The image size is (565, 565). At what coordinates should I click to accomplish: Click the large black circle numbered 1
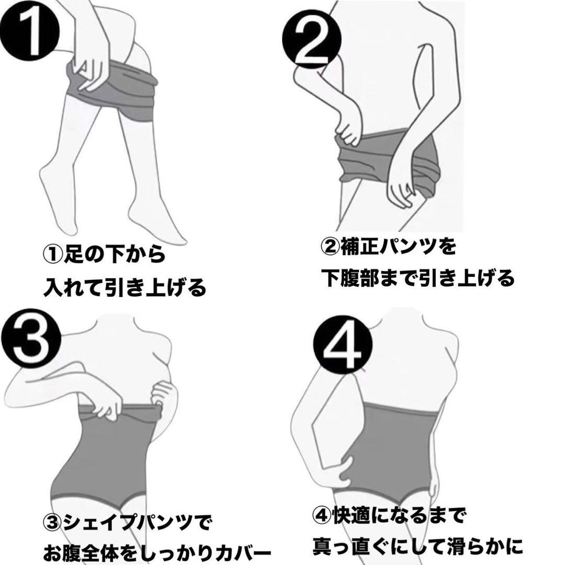click(x=29, y=32)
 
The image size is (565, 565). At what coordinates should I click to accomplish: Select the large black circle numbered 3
click(x=31, y=338)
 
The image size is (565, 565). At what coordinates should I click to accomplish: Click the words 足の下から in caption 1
click(x=114, y=254)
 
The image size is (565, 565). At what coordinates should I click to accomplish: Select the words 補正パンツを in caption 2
click(x=398, y=246)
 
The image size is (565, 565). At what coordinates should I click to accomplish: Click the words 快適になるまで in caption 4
click(x=398, y=516)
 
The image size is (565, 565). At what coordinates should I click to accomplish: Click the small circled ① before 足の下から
click(x=53, y=255)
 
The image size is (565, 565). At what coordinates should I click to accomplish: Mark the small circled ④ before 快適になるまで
click(x=322, y=517)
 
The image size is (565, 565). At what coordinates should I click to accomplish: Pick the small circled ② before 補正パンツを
click(x=331, y=247)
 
